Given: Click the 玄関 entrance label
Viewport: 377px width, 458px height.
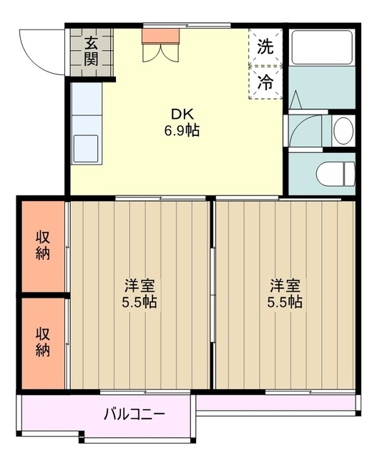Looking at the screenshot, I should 91,51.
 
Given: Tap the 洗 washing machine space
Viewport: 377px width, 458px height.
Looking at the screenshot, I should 265,48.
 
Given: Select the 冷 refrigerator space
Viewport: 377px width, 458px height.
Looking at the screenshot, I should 265,82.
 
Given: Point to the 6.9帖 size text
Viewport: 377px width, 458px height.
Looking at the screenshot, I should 180,131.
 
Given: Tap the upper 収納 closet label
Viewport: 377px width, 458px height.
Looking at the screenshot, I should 43,245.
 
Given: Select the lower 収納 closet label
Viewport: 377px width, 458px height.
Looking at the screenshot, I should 43,342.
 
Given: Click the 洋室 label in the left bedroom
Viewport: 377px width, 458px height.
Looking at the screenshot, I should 139,284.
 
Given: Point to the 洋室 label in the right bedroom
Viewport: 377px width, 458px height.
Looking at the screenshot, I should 285,284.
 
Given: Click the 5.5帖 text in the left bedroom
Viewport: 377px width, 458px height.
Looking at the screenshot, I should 139,301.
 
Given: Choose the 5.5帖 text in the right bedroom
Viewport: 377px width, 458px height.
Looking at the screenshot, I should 285,301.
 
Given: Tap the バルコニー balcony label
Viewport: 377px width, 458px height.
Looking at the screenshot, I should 134,414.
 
